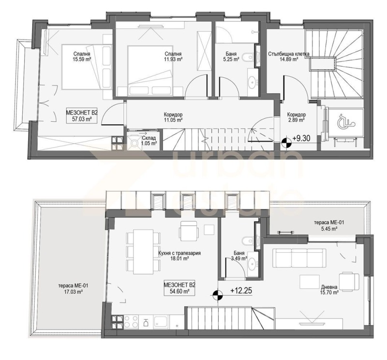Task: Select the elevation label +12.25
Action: click(x=242, y=291)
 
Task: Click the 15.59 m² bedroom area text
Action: click(x=82, y=59)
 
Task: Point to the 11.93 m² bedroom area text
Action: click(x=173, y=59)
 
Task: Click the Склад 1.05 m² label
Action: click(x=149, y=140)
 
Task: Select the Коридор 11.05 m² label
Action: click(x=173, y=118)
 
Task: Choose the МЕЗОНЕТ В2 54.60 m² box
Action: click(x=179, y=288)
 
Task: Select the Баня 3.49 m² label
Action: click(x=238, y=256)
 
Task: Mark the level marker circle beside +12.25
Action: click(x=218, y=293)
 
